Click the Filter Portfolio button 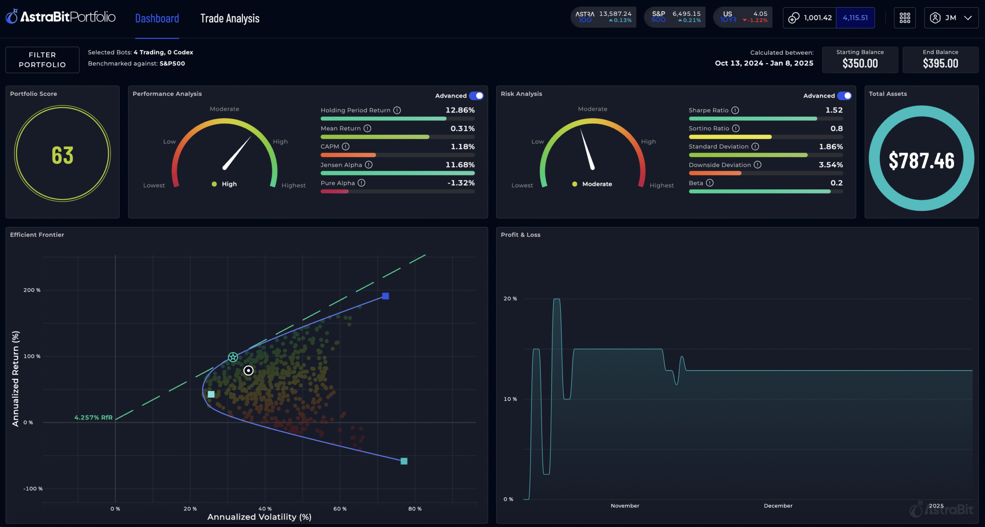point(42,60)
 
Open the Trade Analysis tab point(230,18)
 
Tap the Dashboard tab point(157,18)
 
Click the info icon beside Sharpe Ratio point(735,110)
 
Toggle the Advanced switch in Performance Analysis point(476,96)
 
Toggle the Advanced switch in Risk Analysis point(845,96)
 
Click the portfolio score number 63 point(62,155)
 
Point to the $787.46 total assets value point(921,160)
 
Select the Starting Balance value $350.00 point(860,63)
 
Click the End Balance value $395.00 point(940,63)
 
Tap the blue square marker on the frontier point(386,296)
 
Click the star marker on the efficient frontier point(233,357)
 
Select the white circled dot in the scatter point(249,370)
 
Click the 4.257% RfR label point(93,417)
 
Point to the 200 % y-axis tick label point(32,290)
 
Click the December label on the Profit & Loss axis point(778,506)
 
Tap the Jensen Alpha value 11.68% point(460,165)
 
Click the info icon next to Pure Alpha point(361,183)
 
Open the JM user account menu point(951,18)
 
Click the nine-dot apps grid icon point(905,18)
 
